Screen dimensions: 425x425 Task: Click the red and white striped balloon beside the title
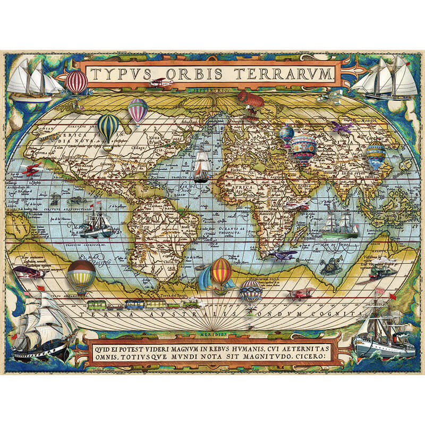coord(76,82)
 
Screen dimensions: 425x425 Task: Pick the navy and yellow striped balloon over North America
coord(108,127)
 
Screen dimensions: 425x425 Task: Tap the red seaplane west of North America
coord(32,170)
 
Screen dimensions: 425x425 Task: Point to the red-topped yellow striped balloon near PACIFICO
coord(81,274)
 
